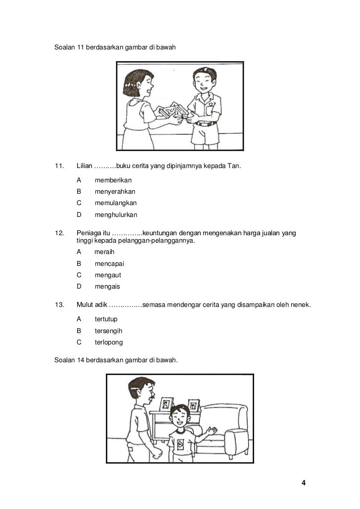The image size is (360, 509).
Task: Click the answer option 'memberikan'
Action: (x=113, y=180)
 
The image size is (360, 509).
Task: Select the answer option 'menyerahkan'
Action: (x=115, y=192)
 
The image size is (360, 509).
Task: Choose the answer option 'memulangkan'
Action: (x=116, y=203)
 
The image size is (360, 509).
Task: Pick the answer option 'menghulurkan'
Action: (x=116, y=215)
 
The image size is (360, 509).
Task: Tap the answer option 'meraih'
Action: (x=104, y=252)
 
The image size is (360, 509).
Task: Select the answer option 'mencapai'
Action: (x=109, y=263)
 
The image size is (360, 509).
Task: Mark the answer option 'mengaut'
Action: (x=108, y=275)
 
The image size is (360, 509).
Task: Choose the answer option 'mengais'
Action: (x=107, y=287)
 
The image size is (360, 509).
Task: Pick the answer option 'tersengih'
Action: (x=108, y=331)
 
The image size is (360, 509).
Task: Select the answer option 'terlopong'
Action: (x=109, y=342)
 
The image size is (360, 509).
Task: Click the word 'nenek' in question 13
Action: (x=301, y=304)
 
